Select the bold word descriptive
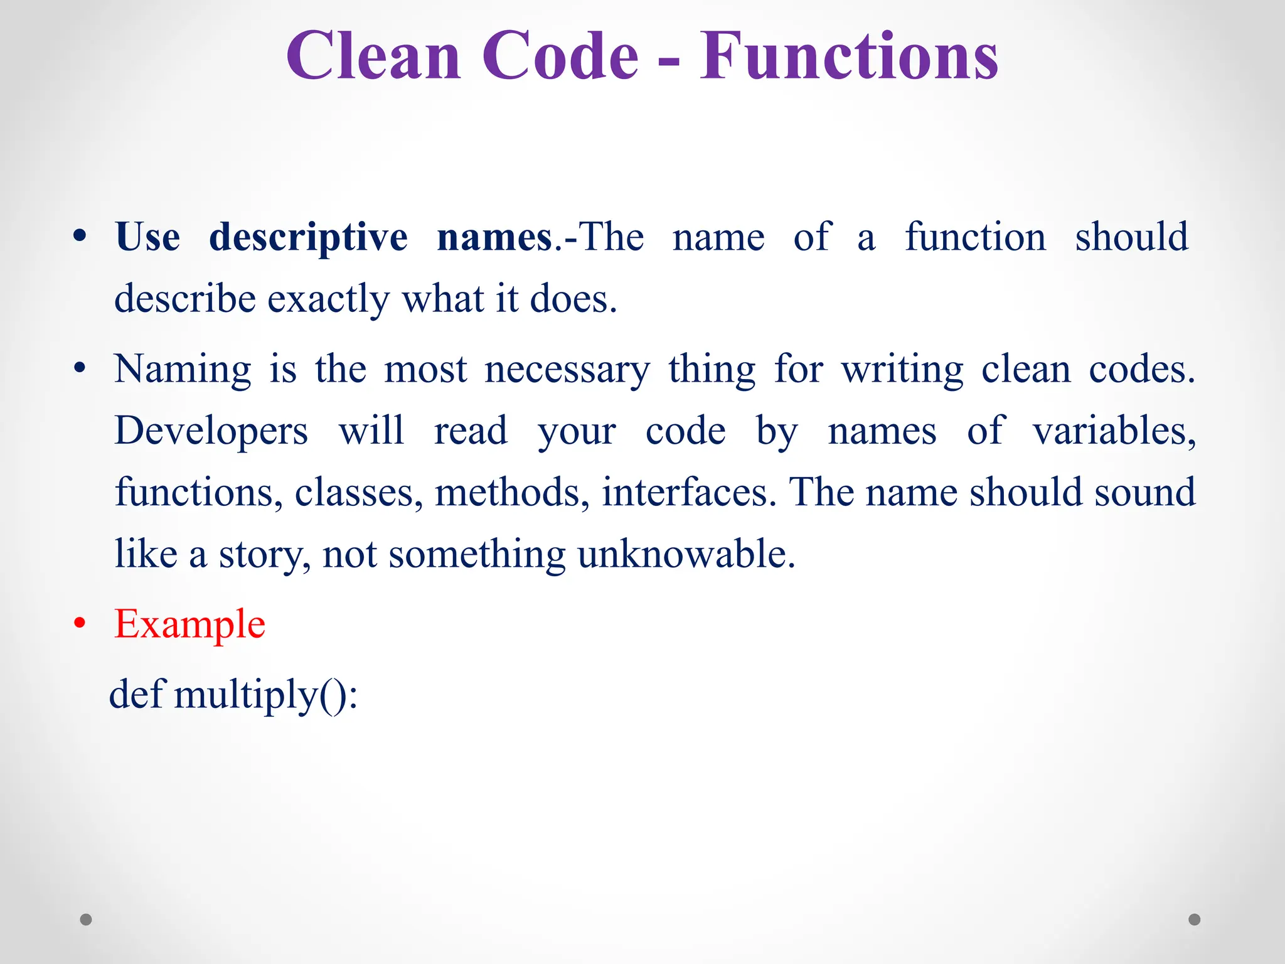click(x=308, y=238)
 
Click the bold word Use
click(x=147, y=237)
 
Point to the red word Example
click(x=189, y=625)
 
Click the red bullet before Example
click(x=79, y=624)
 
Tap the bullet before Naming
click(x=79, y=369)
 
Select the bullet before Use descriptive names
click(x=79, y=237)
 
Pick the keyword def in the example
click(x=136, y=695)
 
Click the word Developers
click(x=211, y=432)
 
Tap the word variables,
click(x=1114, y=432)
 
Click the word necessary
click(x=567, y=370)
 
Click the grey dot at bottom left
click(x=86, y=919)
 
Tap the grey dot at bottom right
click(x=1195, y=919)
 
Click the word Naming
click(x=183, y=370)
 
